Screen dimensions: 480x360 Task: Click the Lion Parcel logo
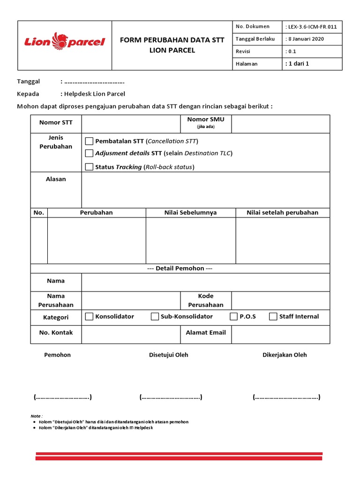(x=65, y=42)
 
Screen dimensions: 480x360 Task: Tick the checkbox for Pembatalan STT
(x=90, y=141)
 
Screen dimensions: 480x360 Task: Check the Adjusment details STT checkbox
(x=90, y=153)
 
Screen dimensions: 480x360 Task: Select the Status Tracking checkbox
(x=90, y=166)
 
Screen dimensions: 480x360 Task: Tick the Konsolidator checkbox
(x=90, y=316)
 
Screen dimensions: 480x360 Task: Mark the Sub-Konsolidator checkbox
(x=155, y=316)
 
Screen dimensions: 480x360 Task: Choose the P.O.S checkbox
(x=233, y=316)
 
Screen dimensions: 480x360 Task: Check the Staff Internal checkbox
(x=273, y=316)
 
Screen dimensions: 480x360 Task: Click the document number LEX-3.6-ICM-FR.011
(x=312, y=27)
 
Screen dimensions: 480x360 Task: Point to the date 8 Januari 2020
(x=307, y=39)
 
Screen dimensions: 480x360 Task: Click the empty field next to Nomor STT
(x=131, y=124)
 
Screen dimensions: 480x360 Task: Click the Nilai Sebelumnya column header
(x=190, y=212)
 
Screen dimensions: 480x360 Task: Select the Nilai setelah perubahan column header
(x=282, y=212)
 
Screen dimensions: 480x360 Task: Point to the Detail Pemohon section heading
(x=180, y=268)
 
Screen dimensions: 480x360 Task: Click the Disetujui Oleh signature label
(x=169, y=355)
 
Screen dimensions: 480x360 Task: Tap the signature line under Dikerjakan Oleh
(x=286, y=397)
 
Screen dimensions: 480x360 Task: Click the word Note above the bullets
(x=36, y=416)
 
